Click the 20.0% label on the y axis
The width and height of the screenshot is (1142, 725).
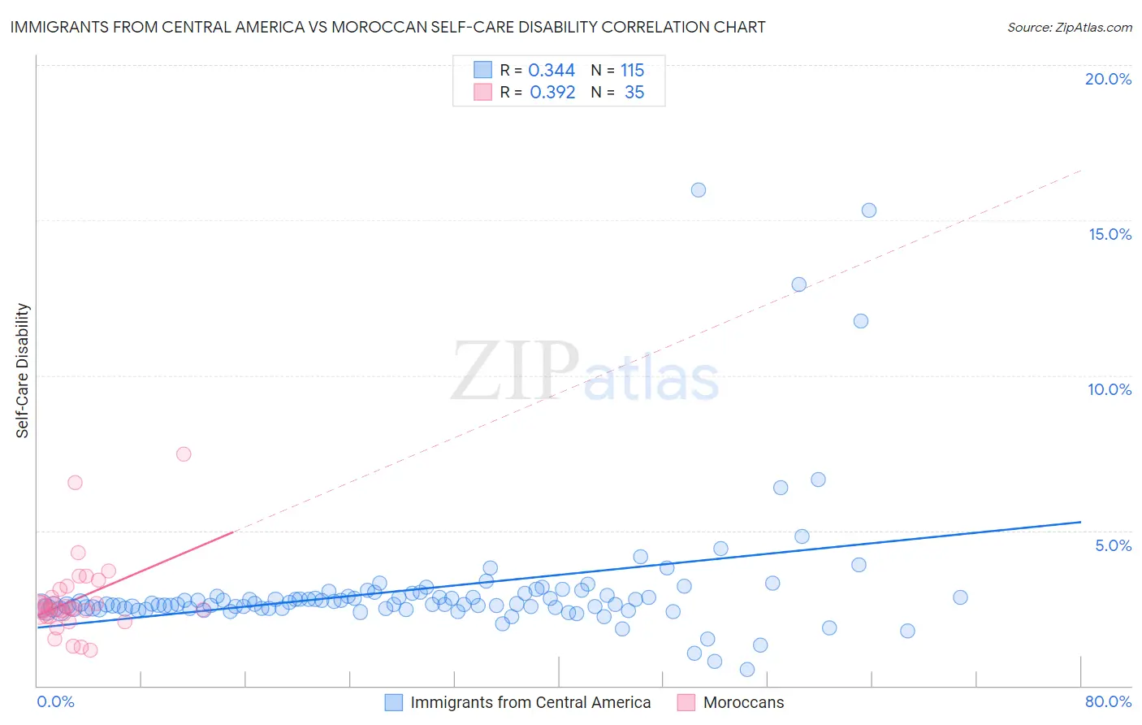[1108, 79]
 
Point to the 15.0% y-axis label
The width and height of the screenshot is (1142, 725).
[1110, 234]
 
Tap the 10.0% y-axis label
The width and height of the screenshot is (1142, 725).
[1110, 389]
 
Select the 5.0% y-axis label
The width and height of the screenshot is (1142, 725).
[1113, 545]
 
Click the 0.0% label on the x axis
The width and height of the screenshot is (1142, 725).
[55, 701]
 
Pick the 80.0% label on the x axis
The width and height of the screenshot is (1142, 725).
[1108, 701]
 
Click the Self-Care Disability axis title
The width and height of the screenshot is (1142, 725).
[23, 371]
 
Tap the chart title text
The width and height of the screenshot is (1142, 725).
[387, 27]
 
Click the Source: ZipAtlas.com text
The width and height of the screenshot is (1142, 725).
[1069, 27]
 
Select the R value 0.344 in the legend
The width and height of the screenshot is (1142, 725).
[552, 70]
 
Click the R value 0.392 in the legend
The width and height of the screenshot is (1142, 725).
[552, 92]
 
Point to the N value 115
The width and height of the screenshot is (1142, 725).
[632, 70]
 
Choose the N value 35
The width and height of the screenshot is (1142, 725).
[634, 92]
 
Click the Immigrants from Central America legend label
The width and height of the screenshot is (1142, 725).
[530, 702]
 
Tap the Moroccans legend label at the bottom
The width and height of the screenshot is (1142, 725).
[743, 702]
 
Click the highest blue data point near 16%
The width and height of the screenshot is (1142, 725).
[699, 190]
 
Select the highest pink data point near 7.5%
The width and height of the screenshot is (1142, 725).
[184, 454]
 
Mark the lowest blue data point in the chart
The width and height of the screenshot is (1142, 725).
[747, 670]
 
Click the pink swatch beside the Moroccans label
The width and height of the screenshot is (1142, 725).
[686, 702]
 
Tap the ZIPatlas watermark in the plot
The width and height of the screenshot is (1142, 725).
[585, 371]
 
